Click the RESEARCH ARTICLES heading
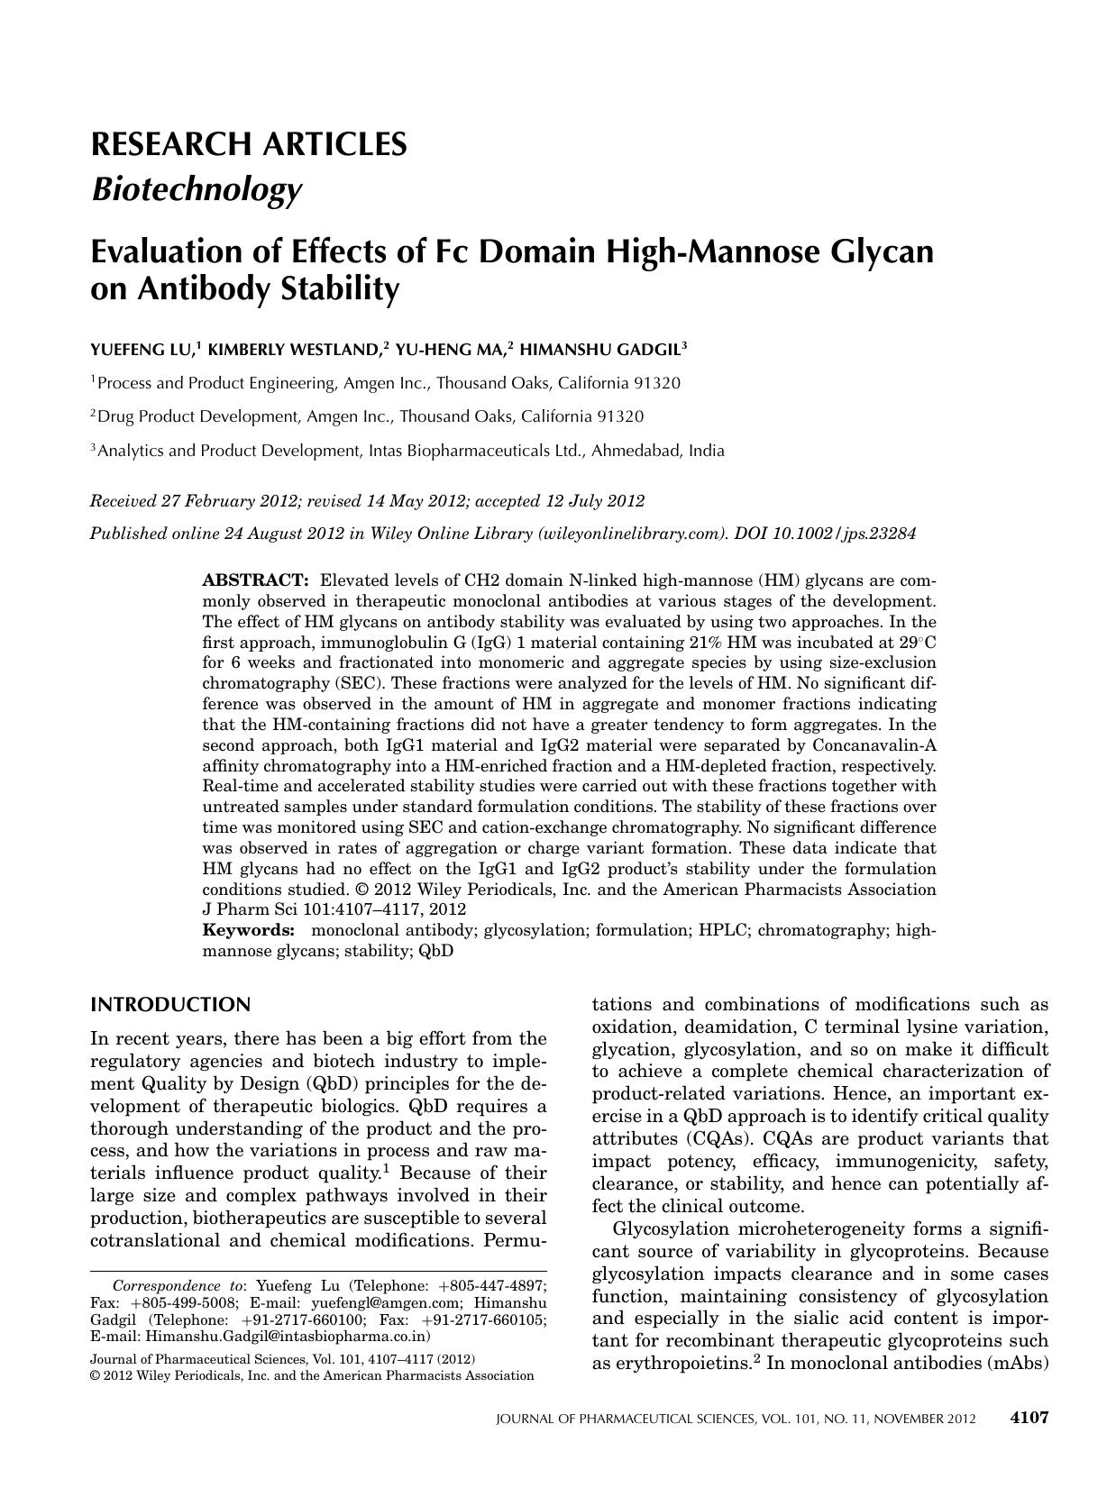(248, 144)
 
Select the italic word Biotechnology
(196, 190)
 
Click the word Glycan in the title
(879, 251)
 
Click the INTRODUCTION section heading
(170, 1005)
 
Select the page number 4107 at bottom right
(1028, 1418)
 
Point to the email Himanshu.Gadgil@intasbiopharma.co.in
(288, 1336)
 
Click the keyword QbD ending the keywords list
(435, 951)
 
